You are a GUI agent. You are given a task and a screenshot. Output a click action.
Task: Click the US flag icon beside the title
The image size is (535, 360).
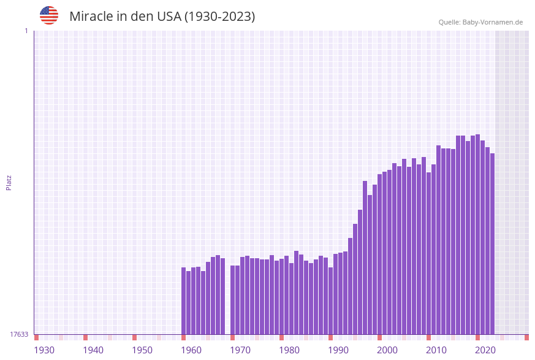click(x=49, y=15)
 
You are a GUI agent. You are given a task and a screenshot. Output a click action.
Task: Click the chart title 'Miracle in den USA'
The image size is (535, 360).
click(x=162, y=17)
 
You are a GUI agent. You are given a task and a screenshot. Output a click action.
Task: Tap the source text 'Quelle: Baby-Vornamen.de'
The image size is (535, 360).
click(x=480, y=22)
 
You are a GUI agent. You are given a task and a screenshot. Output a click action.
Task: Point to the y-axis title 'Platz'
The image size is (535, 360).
click(x=9, y=183)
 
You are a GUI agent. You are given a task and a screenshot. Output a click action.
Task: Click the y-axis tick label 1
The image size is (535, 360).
click(x=26, y=31)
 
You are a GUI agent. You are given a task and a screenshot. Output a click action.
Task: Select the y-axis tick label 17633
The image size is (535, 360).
click(x=18, y=334)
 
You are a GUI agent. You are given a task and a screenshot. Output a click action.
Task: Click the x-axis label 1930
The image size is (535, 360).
click(x=44, y=350)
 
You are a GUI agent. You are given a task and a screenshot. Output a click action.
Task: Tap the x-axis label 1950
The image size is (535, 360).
click(x=142, y=350)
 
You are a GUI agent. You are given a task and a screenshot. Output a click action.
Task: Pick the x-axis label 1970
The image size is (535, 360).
click(x=240, y=350)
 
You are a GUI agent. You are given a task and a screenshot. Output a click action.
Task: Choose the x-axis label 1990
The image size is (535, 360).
click(x=338, y=350)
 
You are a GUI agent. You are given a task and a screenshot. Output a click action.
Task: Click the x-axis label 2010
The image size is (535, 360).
click(x=436, y=350)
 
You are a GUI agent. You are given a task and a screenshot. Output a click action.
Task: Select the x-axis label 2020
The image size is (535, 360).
click(x=485, y=350)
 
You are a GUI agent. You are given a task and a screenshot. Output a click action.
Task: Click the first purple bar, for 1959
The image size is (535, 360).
click(x=183, y=301)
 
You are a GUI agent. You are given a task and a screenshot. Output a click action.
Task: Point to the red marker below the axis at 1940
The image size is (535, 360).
click(x=85, y=337)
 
